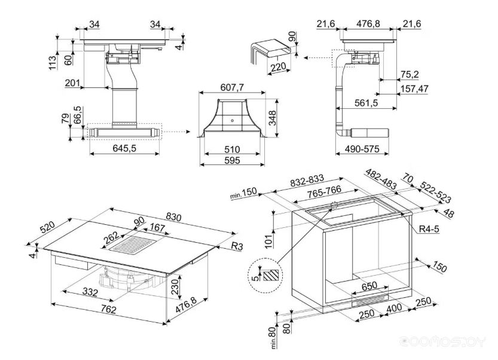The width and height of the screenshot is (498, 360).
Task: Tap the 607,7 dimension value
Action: click(232, 88)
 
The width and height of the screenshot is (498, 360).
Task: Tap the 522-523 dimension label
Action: click(435, 191)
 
